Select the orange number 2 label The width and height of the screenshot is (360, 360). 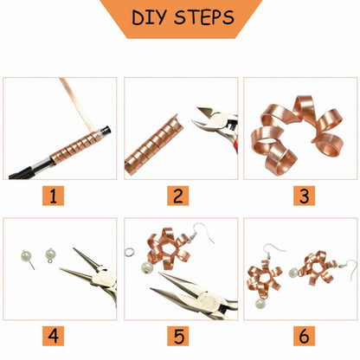pyautogui.click(x=179, y=196)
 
